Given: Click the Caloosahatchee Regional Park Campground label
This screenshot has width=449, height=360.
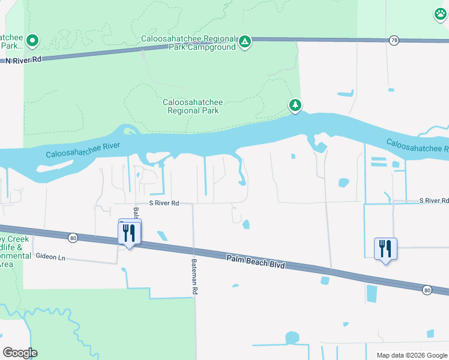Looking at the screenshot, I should coord(188,43).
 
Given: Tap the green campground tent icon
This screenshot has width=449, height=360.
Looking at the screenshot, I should coord(244,41).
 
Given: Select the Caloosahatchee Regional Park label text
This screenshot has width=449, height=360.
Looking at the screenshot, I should coord(192,106).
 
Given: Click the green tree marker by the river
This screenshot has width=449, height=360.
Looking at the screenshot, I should coord(295,106).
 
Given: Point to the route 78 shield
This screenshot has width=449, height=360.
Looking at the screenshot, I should coord(394,40).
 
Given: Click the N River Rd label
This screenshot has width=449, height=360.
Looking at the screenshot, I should coord(23,60).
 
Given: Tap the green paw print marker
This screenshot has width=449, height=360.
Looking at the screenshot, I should coord(441,14).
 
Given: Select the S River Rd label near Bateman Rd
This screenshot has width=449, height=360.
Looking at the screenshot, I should coord(164,203).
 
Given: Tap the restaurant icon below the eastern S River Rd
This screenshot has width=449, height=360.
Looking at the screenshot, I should coord(385,248).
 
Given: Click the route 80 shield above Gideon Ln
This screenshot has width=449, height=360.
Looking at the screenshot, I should coord(73,238).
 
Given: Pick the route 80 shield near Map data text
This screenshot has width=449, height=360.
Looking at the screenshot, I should coord(427,290).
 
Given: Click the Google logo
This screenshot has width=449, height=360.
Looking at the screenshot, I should coord(20,353).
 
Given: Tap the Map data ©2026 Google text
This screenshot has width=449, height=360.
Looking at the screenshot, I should coord(411,355).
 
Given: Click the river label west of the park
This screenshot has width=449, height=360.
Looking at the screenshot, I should coord(83,151).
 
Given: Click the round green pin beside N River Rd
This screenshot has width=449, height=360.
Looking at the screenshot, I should coord(32,41).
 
